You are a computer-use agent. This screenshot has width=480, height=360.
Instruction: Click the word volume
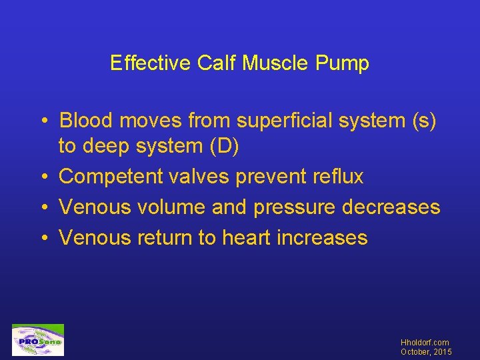point(171,207)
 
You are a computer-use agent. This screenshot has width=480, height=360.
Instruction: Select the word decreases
point(391,207)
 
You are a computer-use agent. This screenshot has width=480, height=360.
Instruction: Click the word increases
point(322,237)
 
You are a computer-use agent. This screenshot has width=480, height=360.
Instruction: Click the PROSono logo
point(38,340)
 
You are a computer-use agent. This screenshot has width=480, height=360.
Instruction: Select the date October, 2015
point(426,352)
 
